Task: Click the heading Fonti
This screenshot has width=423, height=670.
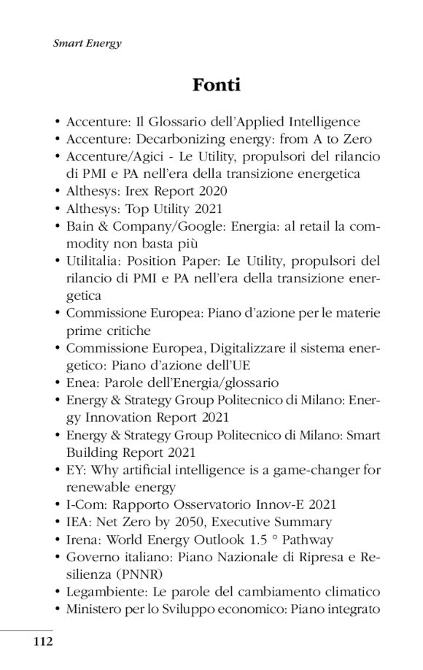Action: pyautogui.click(x=217, y=85)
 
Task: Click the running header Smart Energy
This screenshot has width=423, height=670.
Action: pyautogui.click(x=88, y=43)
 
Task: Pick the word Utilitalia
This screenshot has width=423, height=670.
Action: pyautogui.click(x=93, y=261)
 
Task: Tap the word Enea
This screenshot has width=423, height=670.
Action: pyautogui.click(x=79, y=382)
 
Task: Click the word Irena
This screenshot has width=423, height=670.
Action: pyautogui.click(x=81, y=539)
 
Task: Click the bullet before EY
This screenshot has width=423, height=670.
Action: pyautogui.click(x=58, y=470)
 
